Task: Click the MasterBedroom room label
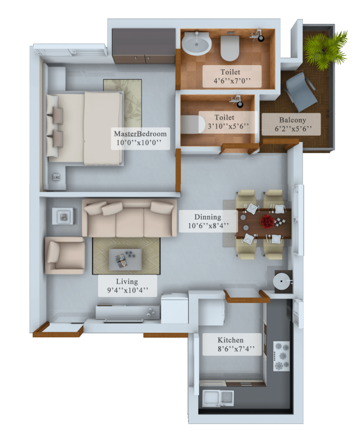click(140, 134)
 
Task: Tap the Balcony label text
click(292, 120)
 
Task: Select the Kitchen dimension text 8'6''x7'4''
click(236, 349)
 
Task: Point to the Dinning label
click(208, 217)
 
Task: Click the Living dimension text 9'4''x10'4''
click(127, 290)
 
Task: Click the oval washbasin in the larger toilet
click(196, 43)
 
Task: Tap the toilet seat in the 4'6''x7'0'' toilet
click(230, 47)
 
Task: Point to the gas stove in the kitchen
click(281, 356)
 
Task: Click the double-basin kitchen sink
click(218, 398)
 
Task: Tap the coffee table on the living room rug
click(125, 259)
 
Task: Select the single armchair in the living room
click(65, 255)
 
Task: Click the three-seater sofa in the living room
click(129, 218)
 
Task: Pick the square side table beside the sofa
click(63, 216)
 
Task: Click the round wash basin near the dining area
click(282, 281)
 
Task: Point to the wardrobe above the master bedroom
click(143, 46)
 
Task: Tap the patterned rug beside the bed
click(123, 103)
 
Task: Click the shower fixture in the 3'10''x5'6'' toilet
click(237, 101)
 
